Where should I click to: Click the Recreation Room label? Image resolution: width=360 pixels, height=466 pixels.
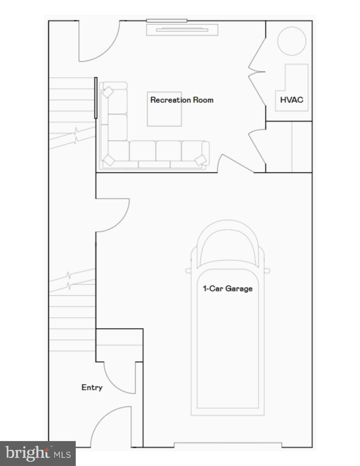pos(182,100)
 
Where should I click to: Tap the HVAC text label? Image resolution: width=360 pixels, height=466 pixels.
pos(291,100)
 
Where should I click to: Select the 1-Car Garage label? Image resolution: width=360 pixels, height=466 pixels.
pos(227,289)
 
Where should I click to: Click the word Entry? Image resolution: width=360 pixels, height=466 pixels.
pos(92,387)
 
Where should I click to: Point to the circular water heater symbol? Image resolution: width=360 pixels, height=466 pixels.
pos(292,41)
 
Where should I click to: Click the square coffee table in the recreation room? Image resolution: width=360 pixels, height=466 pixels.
pos(164,109)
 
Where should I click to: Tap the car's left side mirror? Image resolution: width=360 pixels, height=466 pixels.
pos(188,271)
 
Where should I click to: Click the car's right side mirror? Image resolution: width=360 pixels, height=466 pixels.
pos(267,271)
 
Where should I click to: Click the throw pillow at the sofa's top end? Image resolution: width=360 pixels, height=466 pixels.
pos(107,92)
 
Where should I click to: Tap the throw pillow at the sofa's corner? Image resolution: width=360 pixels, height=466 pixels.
pos(109,160)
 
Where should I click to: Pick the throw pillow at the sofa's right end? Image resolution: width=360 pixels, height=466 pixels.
pos(200,160)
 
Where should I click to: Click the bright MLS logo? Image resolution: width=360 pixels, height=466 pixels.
pos(38,453)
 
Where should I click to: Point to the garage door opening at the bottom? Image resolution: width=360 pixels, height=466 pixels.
pos(227,445)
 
